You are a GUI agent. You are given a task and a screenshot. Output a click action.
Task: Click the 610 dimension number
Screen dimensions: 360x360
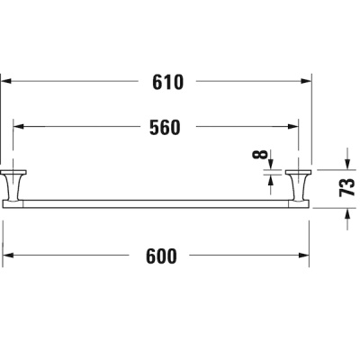[x=167, y=83]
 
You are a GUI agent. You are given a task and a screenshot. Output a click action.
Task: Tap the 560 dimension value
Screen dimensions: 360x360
[x=165, y=127]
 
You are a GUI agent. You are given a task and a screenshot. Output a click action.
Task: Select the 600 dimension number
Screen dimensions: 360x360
[x=161, y=256]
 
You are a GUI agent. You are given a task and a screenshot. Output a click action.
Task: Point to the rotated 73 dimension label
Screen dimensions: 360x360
[x=346, y=187]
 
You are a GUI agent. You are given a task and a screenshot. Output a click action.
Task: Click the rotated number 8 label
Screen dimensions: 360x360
[x=262, y=154]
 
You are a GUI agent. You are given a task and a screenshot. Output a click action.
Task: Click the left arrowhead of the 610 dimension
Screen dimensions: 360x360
[x=6, y=81]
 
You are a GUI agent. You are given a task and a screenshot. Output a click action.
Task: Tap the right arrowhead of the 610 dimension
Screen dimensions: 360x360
[x=307, y=81]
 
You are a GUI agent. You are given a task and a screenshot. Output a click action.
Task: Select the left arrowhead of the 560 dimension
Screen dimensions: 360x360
[x=19, y=127]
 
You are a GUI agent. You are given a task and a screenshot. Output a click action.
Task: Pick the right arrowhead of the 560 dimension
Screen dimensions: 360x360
[x=293, y=127]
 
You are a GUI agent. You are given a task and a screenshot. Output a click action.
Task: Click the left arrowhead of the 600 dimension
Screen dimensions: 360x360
[x=8, y=256]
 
